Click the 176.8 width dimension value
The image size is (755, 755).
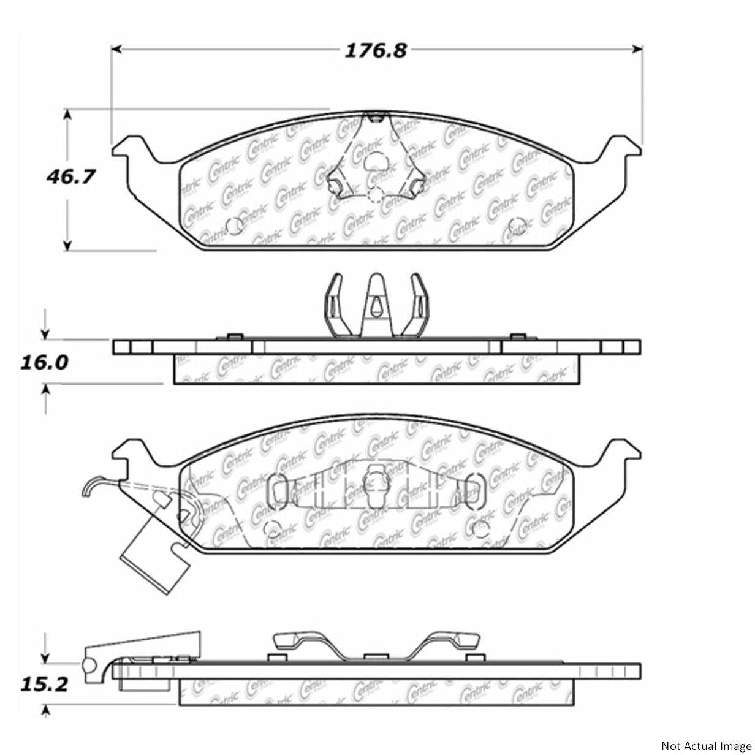pos(375,50)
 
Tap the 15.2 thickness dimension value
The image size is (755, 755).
pos(44,683)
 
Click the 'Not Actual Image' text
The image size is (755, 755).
pos(706,745)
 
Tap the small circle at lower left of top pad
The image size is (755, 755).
pos(235,226)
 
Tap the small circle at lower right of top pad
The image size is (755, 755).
pos(517,226)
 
